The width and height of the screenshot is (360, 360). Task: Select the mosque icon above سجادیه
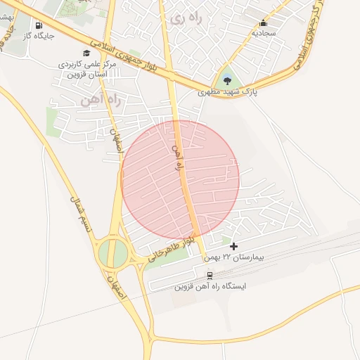click(264, 22)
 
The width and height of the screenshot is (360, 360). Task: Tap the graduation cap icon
click(86, 53)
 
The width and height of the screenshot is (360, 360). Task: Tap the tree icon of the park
click(227, 79)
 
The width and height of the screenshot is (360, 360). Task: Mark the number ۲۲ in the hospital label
click(228, 257)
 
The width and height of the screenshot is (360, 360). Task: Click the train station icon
click(209, 275)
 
